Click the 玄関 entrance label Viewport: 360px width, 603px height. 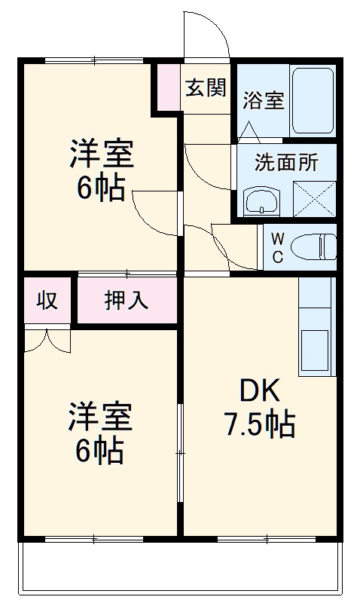click(206, 88)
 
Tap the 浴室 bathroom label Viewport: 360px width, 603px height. click(263, 100)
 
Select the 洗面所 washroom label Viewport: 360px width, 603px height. click(285, 163)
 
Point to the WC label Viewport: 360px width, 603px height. click(277, 247)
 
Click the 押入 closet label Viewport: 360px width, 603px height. click(126, 300)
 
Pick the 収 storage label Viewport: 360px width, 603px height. click(47, 300)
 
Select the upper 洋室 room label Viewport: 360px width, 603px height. click(101, 155)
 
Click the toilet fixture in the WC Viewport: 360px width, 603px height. click(313, 246)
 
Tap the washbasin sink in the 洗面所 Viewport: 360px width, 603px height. click(261, 200)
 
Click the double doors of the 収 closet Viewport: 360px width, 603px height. click(47, 340)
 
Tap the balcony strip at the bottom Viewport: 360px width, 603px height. click(180, 567)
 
